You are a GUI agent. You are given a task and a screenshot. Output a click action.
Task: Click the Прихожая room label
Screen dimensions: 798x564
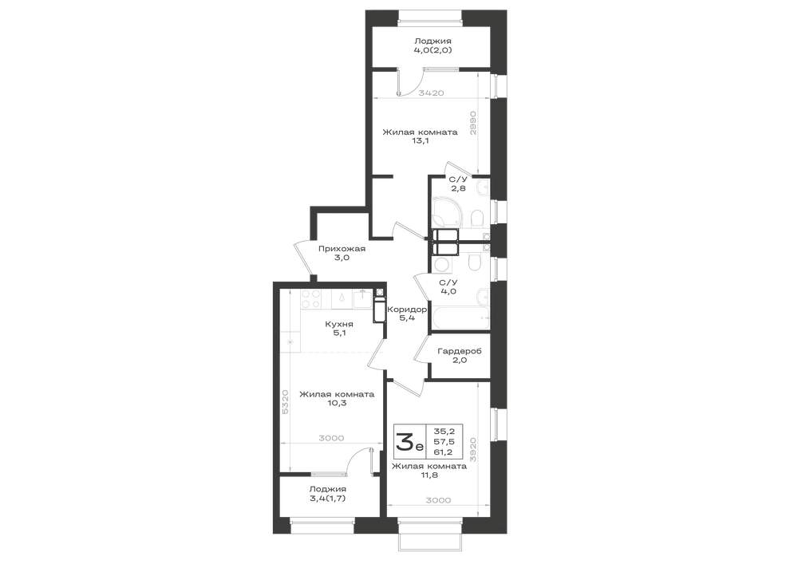[342, 249]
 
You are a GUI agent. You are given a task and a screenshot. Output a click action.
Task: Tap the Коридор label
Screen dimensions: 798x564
[407, 310]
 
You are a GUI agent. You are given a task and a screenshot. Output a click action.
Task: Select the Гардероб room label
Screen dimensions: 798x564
[460, 352]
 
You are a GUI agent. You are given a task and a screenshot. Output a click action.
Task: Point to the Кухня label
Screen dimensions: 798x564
[339, 324]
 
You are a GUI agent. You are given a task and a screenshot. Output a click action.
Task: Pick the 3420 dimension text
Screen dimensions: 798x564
[432, 93]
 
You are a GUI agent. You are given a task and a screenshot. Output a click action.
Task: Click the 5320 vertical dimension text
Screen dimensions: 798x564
[285, 402]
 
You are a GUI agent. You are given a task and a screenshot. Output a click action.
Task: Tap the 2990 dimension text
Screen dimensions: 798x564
[472, 123]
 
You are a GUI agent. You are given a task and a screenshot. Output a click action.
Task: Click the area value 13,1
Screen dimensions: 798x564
[420, 141]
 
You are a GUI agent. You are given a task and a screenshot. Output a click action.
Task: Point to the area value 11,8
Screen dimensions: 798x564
[429, 475]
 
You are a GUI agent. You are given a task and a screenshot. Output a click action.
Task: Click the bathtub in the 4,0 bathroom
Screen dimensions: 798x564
[460, 317]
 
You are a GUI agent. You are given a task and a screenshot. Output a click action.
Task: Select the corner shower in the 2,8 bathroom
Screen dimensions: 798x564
[446, 212]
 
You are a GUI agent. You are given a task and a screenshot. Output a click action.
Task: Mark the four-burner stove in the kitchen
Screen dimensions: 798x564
[310, 298]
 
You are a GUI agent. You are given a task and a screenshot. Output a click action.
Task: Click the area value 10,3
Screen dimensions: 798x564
[337, 404]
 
